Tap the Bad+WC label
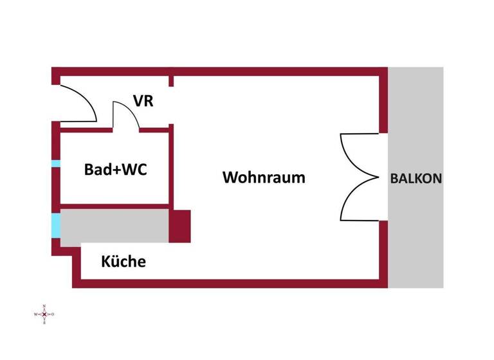(x=116, y=170)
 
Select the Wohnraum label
(x=264, y=177)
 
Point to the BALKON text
(x=416, y=179)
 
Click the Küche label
(x=123, y=262)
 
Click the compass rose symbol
(x=44, y=314)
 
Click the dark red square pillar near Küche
(x=180, y=226)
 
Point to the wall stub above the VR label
(x=172, y=80)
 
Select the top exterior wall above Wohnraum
(x=277, y=71)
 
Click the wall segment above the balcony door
(x=384, y=103)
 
